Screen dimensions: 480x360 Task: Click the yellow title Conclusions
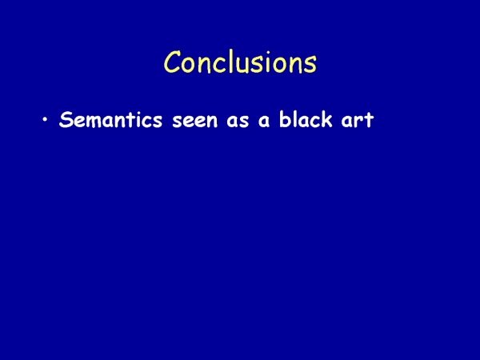240,62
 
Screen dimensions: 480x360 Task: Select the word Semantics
110,119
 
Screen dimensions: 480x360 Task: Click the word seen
195,121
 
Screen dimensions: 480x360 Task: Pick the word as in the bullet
238,121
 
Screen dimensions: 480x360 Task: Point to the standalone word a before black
264,121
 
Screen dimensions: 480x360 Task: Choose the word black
306,119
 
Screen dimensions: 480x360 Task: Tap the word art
358,120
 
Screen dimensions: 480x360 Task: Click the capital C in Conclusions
172,62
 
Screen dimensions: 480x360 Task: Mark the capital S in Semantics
66,120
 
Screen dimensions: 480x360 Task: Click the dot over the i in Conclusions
276,52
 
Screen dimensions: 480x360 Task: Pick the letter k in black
326,119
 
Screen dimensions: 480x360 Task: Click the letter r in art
358,121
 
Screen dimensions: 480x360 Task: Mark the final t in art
368,120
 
